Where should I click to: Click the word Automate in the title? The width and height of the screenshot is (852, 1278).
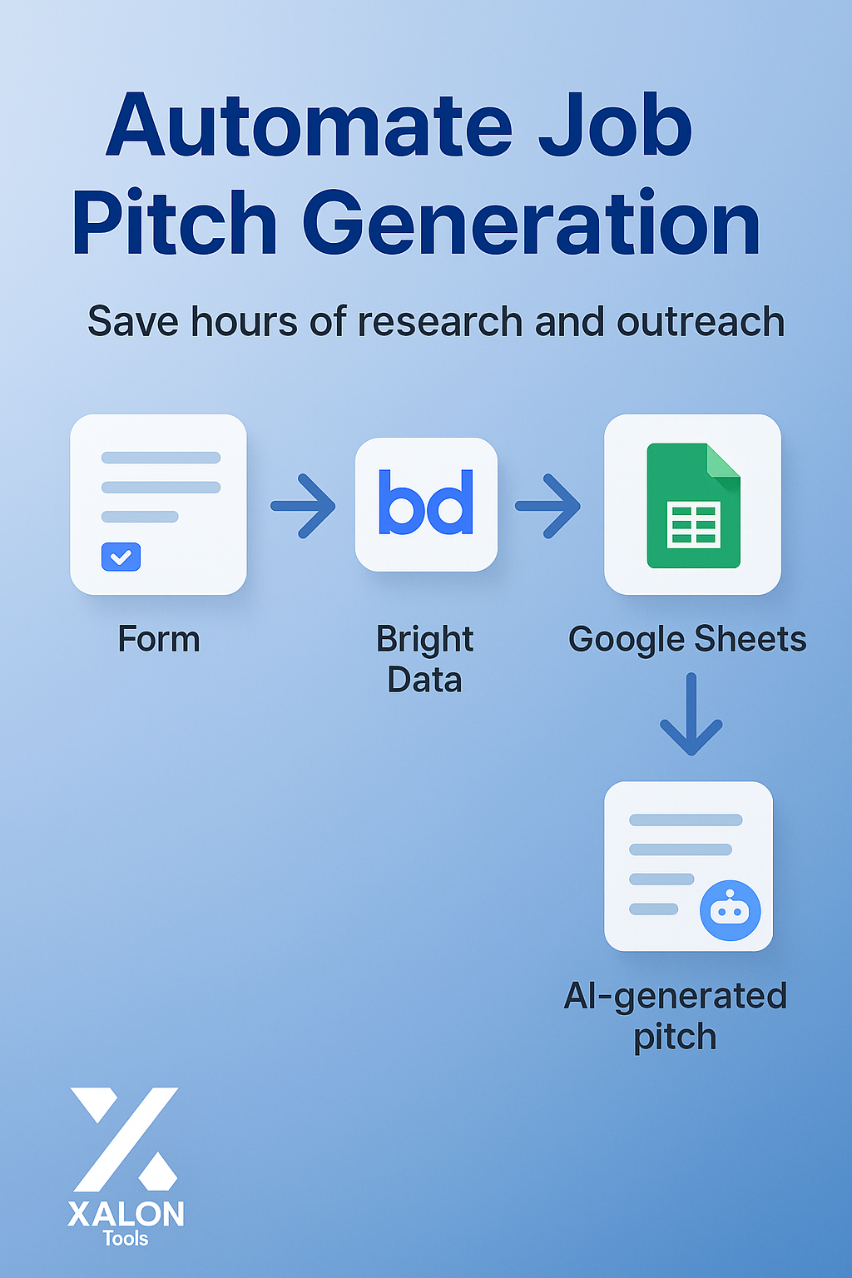click(x=310, y=126)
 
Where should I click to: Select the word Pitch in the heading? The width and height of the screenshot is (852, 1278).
click(x=175, y=224)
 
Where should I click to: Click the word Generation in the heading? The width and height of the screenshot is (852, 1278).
click(x=531, y=224)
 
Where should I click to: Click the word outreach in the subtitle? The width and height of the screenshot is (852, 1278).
click(x=701, y=322)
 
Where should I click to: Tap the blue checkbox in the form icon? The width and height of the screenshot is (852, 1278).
click(x=121, y=557)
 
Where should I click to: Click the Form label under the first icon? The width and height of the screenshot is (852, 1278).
click(x=159, y=640)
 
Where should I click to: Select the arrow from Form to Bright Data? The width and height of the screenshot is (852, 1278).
click(x=303, y=506)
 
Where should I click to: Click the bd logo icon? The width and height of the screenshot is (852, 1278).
click(x=426, y=503)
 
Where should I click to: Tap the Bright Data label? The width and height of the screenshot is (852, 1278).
click(x=424, y=659)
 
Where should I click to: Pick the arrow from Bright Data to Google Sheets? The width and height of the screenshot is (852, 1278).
click(x=547, y=506)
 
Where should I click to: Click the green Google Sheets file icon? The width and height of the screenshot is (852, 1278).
click(x=693, y=506)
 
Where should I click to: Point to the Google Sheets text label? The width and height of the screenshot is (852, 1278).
click(x=687, y=640)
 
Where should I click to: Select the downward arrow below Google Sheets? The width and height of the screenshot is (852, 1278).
click(x=691, y=714)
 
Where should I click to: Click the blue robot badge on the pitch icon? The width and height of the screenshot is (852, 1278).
click(x=730, y=910)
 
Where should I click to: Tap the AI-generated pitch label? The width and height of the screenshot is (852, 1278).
click(x=675, y=1016)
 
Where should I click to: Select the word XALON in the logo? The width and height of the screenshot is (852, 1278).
click(x=126, y=1215)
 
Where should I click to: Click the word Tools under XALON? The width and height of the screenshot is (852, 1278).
click(x=126, y=1239)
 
